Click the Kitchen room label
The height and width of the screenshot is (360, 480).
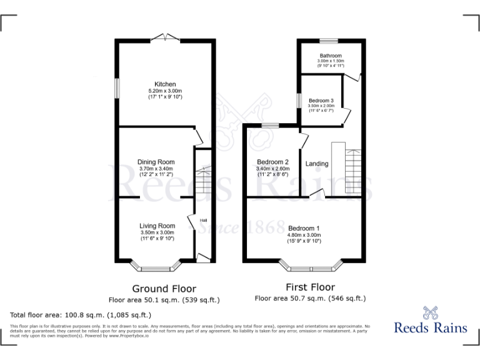point(165,84)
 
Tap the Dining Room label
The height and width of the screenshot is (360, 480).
point(156,162)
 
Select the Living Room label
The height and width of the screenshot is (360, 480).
point(157,226)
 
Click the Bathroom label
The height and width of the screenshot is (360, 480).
point(331,56)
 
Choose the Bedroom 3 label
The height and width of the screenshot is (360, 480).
point(321,101)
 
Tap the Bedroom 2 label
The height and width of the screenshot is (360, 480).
point(272,162)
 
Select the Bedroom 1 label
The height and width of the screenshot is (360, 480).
point(304,228)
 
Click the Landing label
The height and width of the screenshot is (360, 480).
point(317,164)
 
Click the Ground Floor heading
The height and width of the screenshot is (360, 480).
point(164,289)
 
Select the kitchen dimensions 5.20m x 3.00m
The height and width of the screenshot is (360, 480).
point(165,91)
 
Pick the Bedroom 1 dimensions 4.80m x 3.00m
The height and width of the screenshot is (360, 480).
point(304,235)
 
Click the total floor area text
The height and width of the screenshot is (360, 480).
point(81,315)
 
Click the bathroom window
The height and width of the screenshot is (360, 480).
point(329,41)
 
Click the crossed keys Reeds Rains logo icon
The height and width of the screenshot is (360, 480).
point(428,312)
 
